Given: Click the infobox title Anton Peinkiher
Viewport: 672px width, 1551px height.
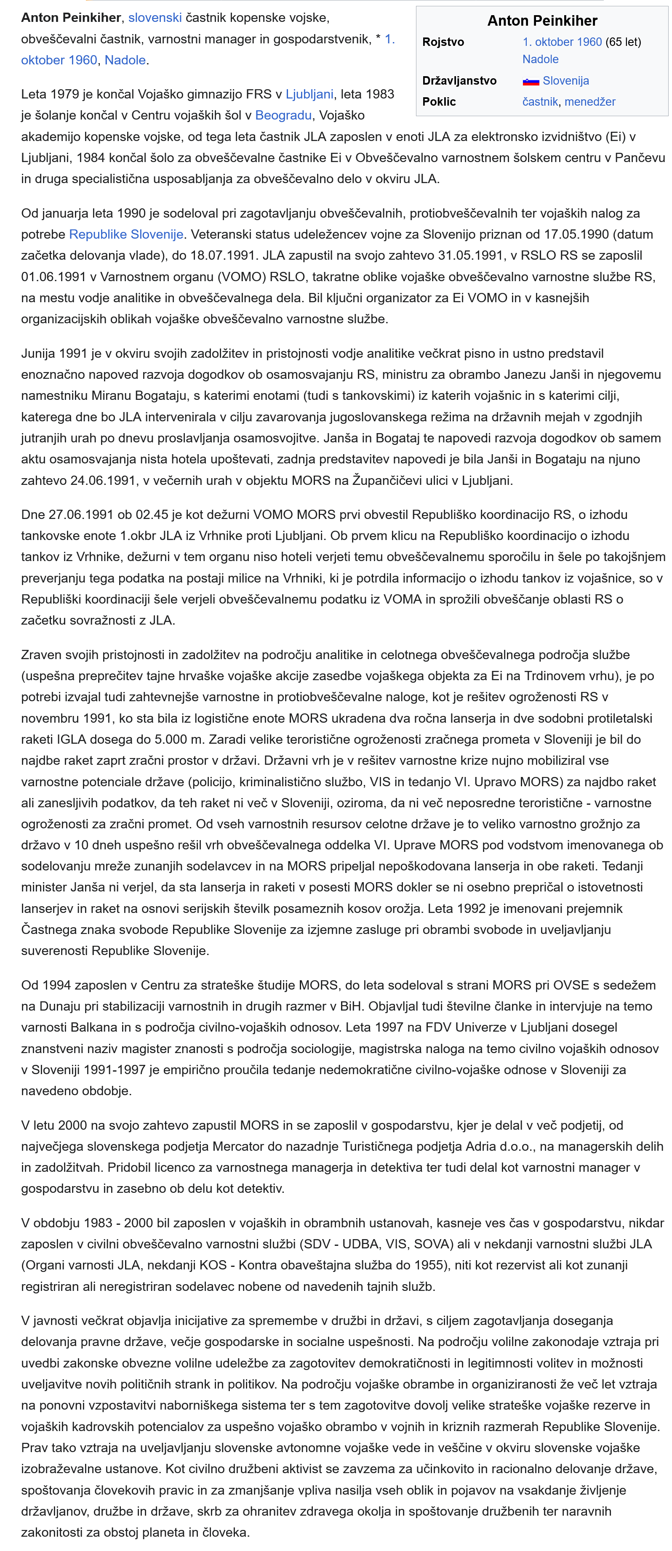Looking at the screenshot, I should coord(542,21).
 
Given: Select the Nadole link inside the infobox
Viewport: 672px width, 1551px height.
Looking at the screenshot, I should coord(540,59).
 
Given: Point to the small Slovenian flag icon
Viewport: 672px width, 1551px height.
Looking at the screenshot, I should coord(531,81).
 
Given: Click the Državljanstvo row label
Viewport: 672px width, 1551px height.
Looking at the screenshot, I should coord(459,81).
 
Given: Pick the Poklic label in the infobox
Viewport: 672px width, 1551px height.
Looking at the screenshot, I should coord(439,102).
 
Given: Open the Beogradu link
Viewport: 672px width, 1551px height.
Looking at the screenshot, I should coord(283,115).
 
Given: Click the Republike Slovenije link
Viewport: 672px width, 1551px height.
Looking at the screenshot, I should coord(126,234).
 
